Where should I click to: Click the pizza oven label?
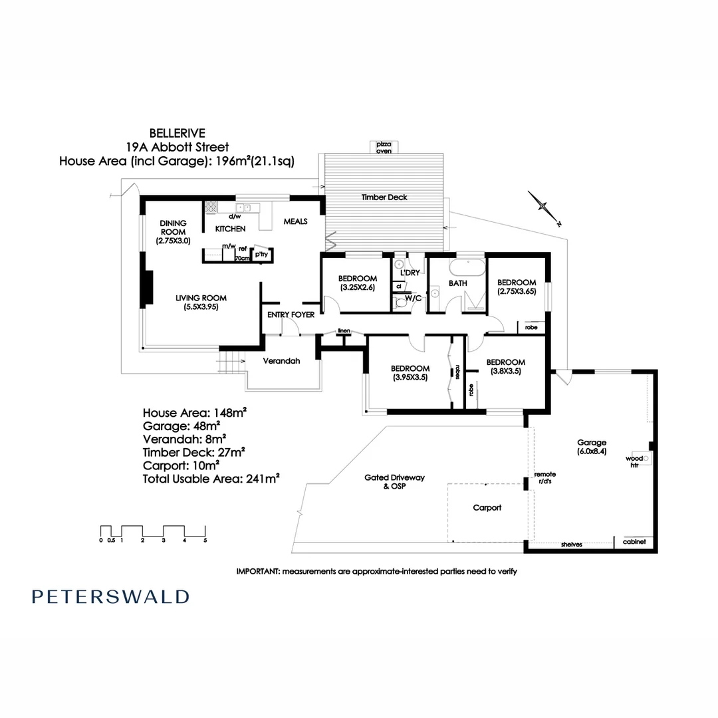pos(384,148)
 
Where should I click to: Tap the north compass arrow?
pos(544,207)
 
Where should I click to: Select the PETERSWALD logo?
pos(110,596)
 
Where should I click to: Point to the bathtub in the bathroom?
pos(468,269)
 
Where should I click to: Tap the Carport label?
pos(487,507)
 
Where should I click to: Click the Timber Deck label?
pos(384,197)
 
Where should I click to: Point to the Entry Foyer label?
pos(291,314)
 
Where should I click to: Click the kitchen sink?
pos(241,207)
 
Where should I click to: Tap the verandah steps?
pos(227,364)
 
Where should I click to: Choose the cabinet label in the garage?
pos(634,542)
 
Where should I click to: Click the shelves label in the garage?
pos(571,544)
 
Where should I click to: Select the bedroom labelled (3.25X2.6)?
pos(358,283)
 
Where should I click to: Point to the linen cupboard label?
pos(344,330)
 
